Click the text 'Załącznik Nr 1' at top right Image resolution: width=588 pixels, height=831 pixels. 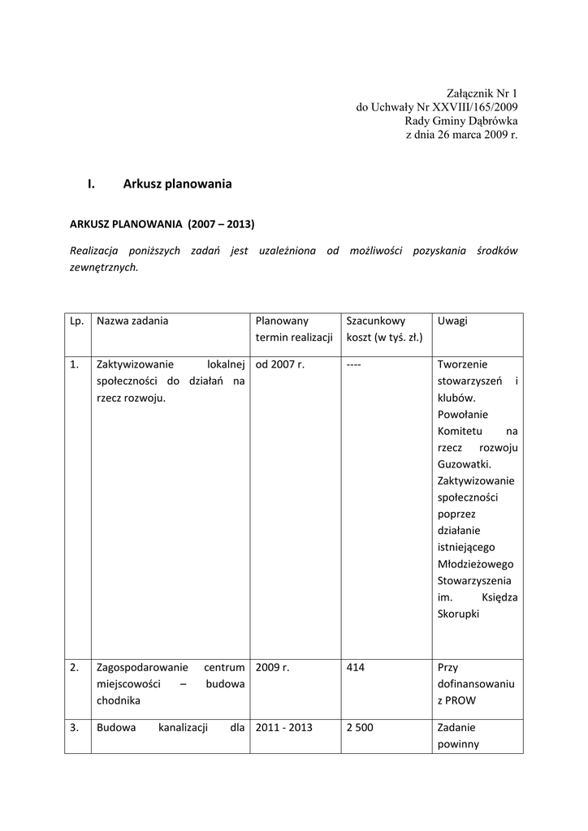tap(482, 93)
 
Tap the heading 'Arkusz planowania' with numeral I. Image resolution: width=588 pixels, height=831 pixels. tap(177, 184)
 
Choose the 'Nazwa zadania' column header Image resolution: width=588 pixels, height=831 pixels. tap(132, 321)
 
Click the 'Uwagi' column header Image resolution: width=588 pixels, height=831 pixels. tap(452, 321)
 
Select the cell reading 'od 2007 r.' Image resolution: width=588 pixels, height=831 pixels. tap(280, 364)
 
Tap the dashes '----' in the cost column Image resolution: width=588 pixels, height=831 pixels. tap(353, 364)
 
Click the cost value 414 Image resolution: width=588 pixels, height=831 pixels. tap(355, 668)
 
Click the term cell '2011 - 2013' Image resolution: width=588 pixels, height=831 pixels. tap(284, 728)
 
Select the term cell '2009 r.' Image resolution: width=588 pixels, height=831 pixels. tap(272, 668)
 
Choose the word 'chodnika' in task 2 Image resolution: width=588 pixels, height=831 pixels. tap(119, 700)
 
